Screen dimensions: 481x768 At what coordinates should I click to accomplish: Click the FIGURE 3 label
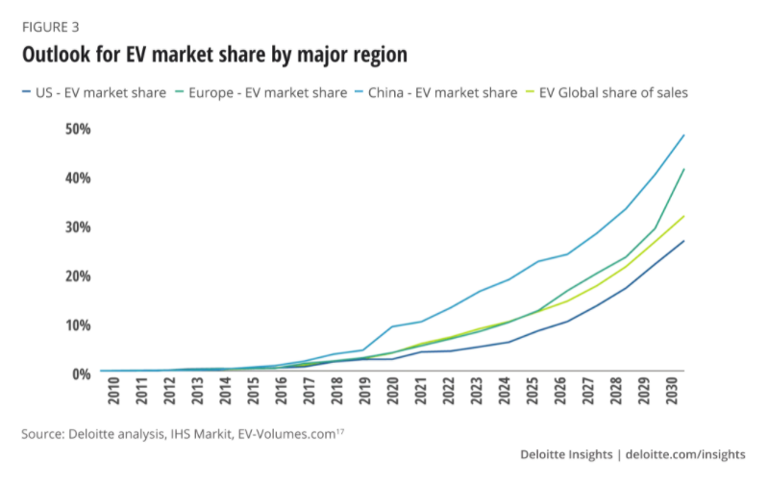pyautogui.click(x=50, y=26)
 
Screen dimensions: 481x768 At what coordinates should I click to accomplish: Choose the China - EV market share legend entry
pyautogui.click(x=443, y=92)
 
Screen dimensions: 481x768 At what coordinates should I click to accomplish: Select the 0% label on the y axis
pyautogui.click(x=81, y=373)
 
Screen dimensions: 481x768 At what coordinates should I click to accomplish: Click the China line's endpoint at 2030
pyautogui.click(x=683, y=135)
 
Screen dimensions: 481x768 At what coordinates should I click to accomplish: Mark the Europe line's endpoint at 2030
pyautogui.click(x=683, y=169)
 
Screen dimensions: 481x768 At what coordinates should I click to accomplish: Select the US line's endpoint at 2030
pyautogui.click(x=683, y=241)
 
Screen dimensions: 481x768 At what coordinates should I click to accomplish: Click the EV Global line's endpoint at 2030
pyautogui.click(x=683, y=216)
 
